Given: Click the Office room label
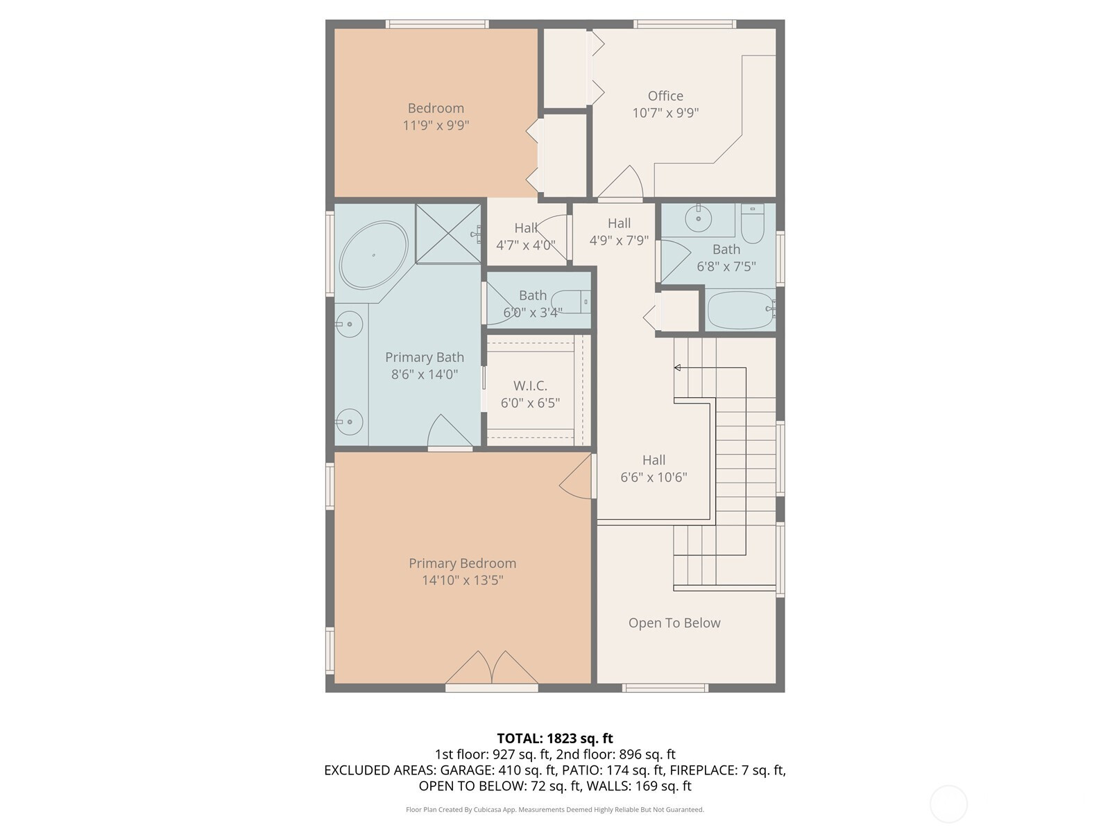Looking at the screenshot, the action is point(665,96).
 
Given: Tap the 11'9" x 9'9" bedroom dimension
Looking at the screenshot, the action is point(436,125).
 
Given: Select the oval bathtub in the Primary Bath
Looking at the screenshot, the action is point(373,254).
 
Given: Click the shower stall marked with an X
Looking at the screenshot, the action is point(448,234).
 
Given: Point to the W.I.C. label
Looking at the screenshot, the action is point(530,386).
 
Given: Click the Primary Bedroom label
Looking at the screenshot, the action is point(462,563).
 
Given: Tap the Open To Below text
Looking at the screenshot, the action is point(674,623).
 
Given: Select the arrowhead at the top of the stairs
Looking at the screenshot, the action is point(677,367).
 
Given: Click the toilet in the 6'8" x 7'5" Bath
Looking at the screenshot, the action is point(753,224).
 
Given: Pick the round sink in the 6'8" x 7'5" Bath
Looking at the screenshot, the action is point(699,218).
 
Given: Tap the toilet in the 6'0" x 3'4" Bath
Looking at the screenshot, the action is point(570,302).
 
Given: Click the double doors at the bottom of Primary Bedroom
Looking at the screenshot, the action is point(492,668).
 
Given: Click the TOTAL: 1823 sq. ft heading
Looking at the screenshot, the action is point(555,738).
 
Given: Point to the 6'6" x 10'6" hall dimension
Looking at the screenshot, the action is point(654,478).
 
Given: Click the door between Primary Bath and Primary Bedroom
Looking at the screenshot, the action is point(450,431).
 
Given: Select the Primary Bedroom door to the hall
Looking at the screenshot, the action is point(577,476).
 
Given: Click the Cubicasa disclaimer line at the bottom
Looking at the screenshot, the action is point(555,810).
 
